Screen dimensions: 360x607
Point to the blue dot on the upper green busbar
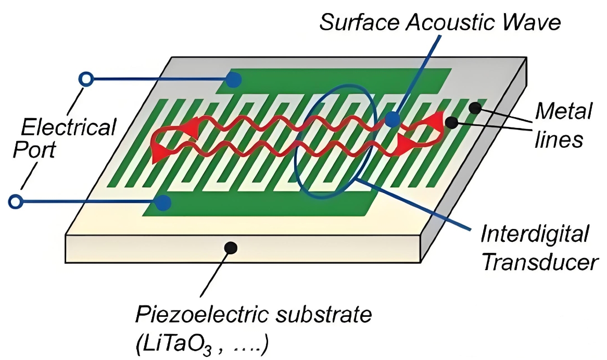(x=234, y=80)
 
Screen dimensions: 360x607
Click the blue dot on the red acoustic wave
(x=393, y=120)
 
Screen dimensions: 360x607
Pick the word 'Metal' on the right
(x=564, y=112)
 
